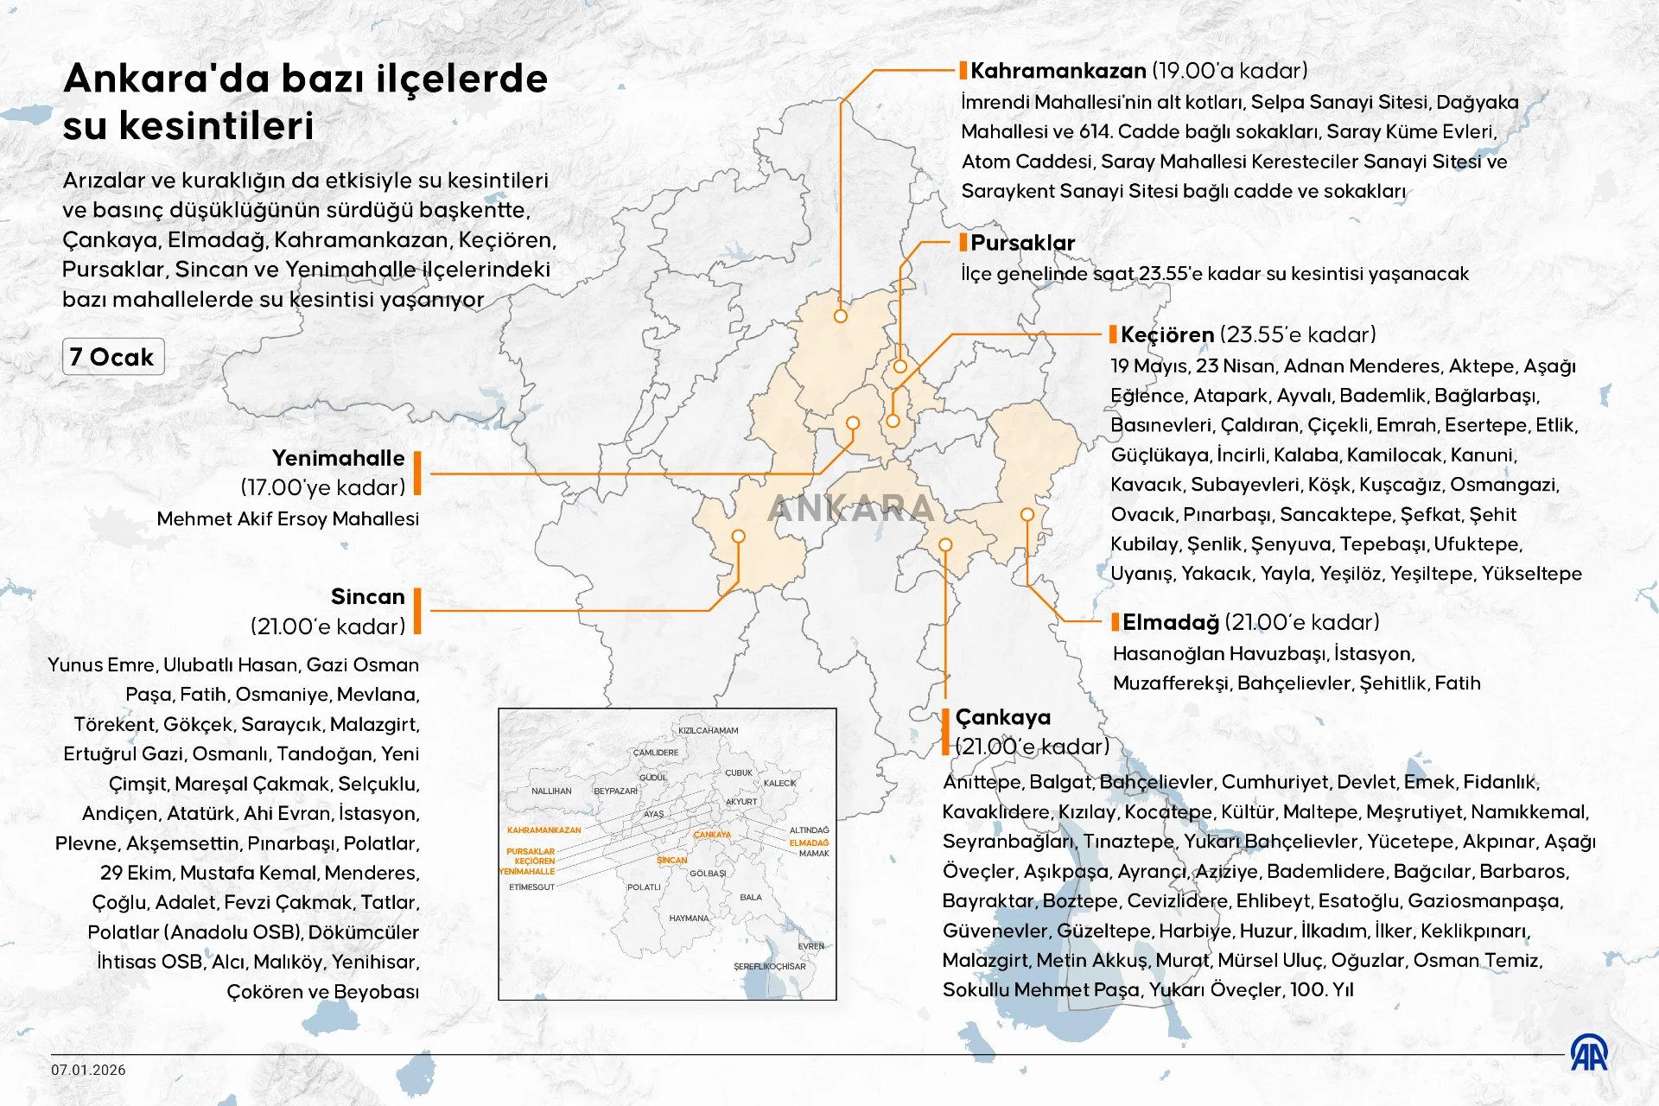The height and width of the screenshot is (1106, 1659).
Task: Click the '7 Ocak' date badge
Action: point(112,357)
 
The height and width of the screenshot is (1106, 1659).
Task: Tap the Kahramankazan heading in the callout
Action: point(1058,71)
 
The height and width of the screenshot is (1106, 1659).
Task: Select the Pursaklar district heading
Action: point(1022,243)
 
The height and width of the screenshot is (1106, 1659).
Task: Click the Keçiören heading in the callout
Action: point(1166,335)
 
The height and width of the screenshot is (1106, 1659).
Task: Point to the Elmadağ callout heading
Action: point(1170,622)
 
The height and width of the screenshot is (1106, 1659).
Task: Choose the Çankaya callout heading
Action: point(1002,717)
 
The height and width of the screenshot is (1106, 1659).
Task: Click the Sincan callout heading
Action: point(367,597)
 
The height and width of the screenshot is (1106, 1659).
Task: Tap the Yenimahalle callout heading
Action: point(338,459)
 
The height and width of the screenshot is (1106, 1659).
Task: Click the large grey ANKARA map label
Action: point(851,508)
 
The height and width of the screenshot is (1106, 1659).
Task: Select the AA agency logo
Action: point(1589,1052)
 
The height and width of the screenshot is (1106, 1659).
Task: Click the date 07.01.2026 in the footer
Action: point(88,1070)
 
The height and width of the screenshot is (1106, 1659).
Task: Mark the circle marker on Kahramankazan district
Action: point(841,316)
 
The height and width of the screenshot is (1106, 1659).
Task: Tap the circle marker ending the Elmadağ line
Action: point(1027,514)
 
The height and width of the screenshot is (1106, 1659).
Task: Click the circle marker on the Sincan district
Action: point(738,537)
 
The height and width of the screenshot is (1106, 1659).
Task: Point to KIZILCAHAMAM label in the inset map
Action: point(708,731)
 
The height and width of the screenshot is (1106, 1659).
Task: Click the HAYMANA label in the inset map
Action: point(689,918)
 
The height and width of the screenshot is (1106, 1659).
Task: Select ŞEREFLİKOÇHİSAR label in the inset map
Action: point(769,966)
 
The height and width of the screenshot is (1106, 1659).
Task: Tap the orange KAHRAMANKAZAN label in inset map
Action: point(543,830)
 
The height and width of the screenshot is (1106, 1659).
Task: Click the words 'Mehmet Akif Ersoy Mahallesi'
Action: point(288,519)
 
